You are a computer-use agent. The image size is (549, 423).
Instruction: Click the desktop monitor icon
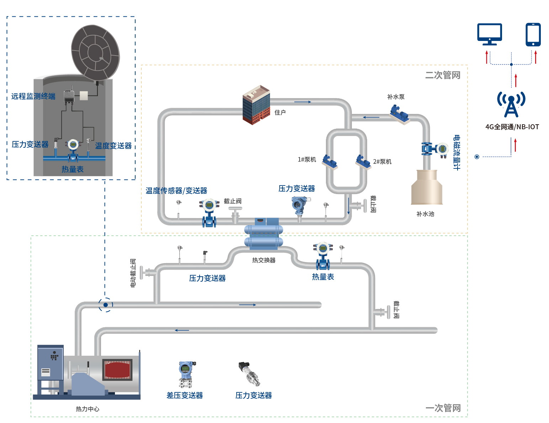[x=490, y=34]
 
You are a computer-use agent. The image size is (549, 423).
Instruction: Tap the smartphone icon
[x=533, y=34]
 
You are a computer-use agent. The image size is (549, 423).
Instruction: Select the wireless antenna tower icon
[x=511, y=104]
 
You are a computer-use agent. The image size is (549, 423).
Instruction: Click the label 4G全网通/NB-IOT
[x=512, y=127]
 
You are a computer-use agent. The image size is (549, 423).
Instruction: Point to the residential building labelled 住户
[x=256, y=105]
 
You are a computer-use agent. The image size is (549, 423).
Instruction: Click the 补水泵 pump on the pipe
[x=400, y=114]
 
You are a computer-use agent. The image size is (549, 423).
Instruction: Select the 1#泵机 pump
[x=329, y=162]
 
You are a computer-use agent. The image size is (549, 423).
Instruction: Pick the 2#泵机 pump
[x=363, y=162]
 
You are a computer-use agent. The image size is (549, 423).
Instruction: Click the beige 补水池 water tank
[x=427, y=187]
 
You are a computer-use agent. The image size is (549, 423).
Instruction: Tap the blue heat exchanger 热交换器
[x=264, y=235]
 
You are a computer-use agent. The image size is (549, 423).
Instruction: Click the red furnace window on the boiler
[x=118, y=370]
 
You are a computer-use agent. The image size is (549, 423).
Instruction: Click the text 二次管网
[x=443, y=75]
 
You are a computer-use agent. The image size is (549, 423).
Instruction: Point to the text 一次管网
[x=443, y=408]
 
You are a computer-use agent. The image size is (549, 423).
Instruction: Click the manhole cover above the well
[x=95, y=52]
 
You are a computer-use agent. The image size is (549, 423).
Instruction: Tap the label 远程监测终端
[x=33, y=96]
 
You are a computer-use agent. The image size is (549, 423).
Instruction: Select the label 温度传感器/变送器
[x=176, y=190]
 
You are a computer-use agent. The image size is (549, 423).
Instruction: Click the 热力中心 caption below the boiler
[x=88, y=409]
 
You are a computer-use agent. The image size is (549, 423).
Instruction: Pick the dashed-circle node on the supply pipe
[x=105, y=305]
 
